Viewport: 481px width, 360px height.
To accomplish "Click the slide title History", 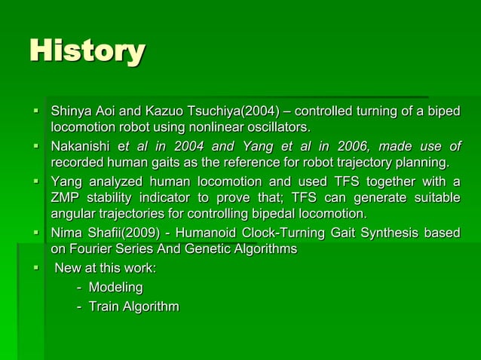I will coord(87,51).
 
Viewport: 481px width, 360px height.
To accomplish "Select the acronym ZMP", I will coord(66,197).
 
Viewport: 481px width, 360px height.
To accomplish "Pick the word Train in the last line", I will coord(103,306).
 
